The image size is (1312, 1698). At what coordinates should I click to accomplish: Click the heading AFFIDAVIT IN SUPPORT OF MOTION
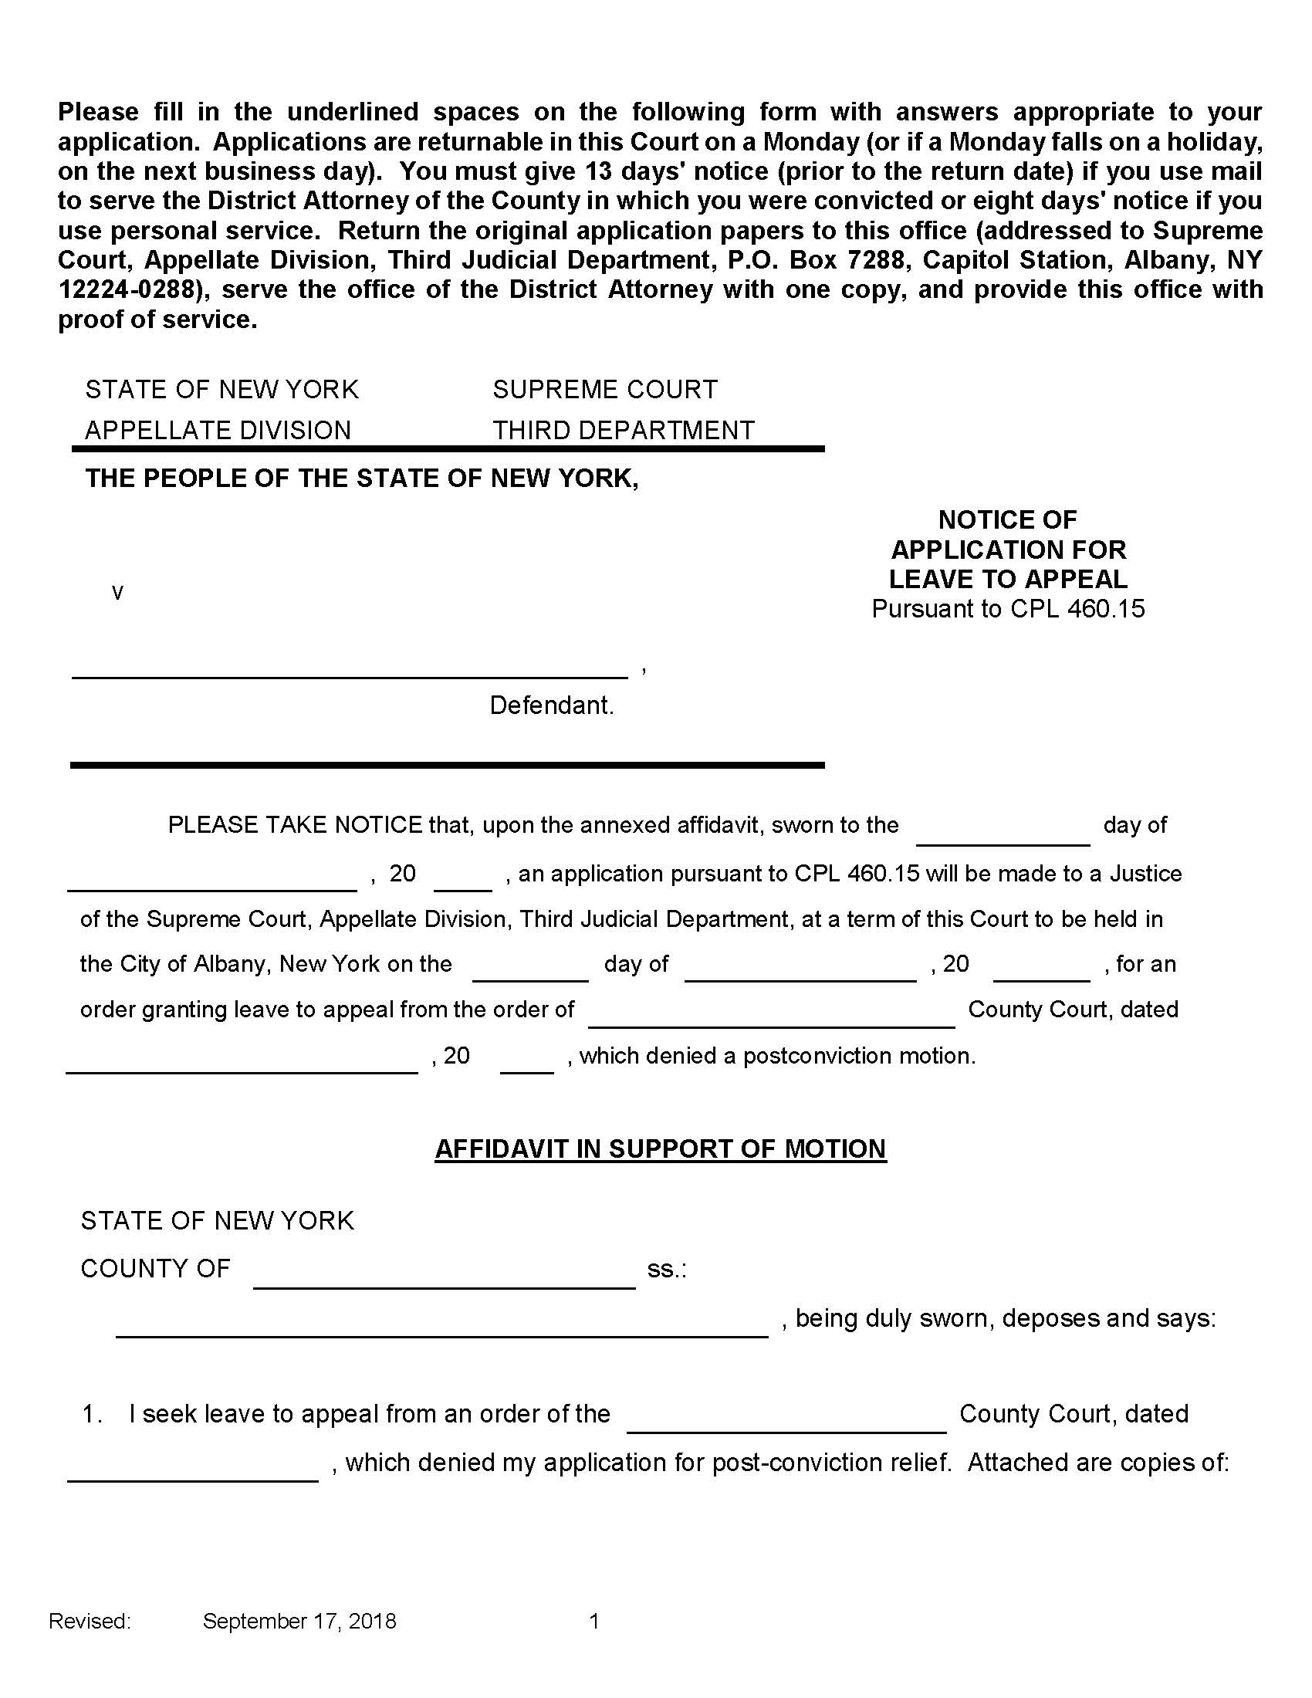pos(660,1149)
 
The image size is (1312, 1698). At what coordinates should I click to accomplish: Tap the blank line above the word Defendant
pos(349,669)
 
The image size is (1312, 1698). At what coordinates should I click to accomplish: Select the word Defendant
pos(551,706)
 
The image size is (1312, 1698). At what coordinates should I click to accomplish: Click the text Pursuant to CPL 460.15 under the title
pos(1008,609)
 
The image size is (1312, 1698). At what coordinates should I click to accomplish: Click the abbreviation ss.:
pos(667,1270)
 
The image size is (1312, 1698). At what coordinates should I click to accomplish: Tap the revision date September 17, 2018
pos(299,1621)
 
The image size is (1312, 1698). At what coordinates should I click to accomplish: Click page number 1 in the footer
pos(594,1621)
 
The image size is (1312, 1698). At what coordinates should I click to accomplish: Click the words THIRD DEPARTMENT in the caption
pos(624,431)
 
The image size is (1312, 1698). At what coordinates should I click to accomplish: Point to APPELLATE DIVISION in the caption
pos(218,431)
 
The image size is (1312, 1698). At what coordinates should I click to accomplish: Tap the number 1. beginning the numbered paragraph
pos(93,1414)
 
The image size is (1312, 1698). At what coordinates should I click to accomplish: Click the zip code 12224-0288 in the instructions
pos(124,290)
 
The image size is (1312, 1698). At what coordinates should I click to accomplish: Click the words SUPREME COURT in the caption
pos(605,390)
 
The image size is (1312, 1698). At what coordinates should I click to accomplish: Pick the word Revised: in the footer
pos(90,1621)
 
